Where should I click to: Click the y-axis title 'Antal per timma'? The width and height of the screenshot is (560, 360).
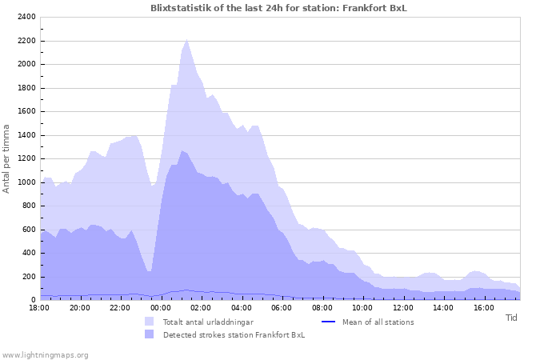(x=7, y=158)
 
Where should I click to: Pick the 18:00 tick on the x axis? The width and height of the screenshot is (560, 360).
(x=40, y=307)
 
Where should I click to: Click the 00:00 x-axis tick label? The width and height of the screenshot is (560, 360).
(x=161, y=307)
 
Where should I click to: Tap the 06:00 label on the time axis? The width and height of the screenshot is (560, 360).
(x=282, y=307)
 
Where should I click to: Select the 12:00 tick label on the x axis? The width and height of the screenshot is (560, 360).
(x=402, y=307)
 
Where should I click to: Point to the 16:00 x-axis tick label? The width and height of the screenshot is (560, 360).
(x=483, y=307)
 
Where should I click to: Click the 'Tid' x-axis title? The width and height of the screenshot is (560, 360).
(x=512, y=318)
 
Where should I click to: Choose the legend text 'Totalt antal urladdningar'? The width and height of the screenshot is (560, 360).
(x=208, y=322)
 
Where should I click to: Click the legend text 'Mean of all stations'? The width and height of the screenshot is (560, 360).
(x=378, y=322)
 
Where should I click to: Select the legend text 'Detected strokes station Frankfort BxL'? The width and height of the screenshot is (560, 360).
(x=234, y=335)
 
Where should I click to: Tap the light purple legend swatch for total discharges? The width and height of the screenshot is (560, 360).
(x=150, y=322)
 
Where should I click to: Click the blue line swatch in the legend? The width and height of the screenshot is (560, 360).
(x=326, y=322)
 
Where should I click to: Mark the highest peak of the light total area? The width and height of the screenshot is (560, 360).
(x=186, y=39)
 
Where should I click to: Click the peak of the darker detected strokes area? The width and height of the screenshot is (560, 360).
(x=182, y=150)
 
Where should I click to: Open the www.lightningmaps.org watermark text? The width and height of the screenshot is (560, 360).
(x=45, y=354)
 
